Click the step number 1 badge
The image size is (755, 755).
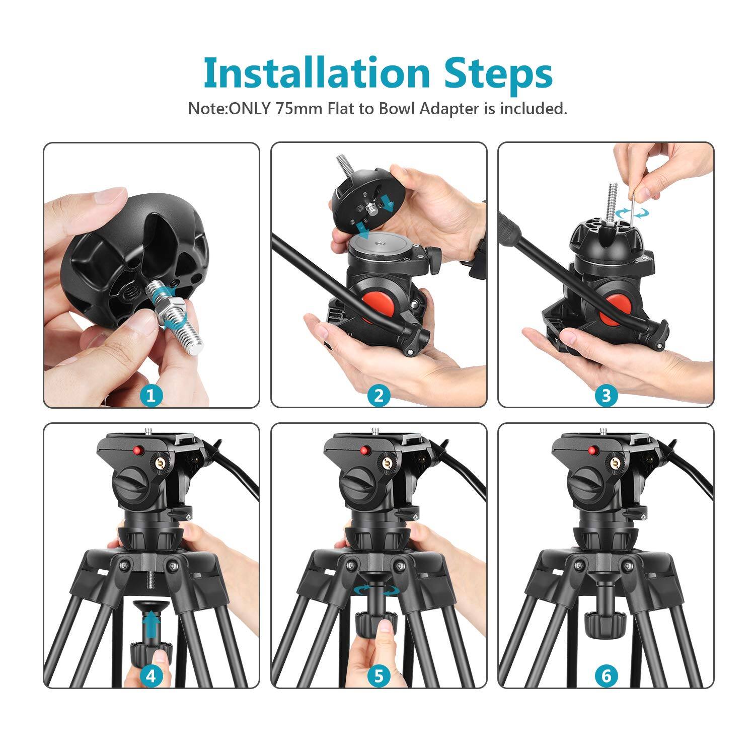pos(152,395)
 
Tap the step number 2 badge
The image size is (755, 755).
pos(379,395)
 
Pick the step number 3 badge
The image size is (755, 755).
pos(606,395)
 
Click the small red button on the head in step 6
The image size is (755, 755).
pos(592,449)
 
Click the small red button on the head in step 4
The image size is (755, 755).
pos(137,449)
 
